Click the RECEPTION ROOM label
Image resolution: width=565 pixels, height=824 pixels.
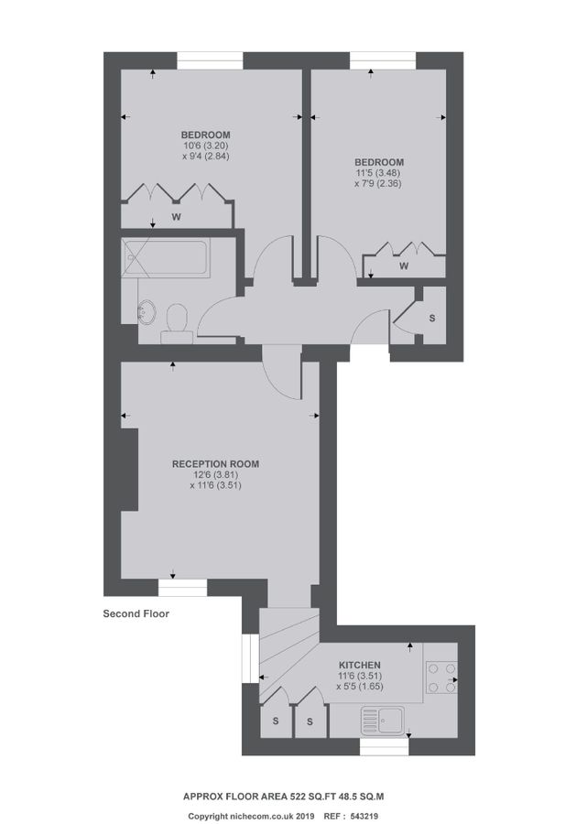215,464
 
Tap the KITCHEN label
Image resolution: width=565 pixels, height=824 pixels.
360,665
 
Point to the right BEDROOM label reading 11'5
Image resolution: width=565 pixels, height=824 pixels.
380,162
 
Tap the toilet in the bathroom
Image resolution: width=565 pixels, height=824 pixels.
178,321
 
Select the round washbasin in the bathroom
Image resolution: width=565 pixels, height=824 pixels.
147,311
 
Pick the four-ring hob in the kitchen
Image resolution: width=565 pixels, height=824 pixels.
442,678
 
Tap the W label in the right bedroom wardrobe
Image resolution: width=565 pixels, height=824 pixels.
404,266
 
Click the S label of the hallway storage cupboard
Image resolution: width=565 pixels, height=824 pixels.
432,318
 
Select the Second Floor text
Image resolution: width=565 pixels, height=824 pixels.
136,614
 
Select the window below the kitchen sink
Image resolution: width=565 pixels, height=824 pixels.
383,747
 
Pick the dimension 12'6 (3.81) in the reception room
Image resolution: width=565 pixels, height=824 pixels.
215,474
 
